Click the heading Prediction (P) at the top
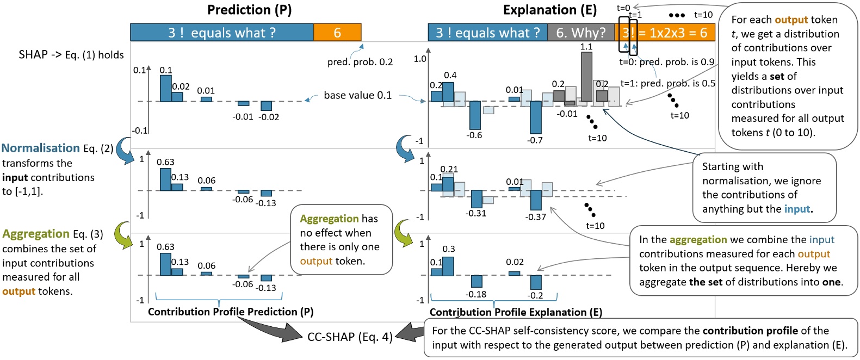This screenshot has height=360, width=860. tap(249, 10)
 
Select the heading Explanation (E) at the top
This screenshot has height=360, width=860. tap(549, 10)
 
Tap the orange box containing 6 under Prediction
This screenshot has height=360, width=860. tap(337, 33)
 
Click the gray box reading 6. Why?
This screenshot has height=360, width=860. tap(580, 33)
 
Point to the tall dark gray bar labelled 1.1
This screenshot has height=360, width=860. tap(586, 76)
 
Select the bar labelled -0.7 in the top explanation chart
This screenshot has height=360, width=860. tap(535, 117)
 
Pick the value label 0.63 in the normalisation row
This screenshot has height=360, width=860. tap(165, 162)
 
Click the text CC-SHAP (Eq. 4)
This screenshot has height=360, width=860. tap(350, 337)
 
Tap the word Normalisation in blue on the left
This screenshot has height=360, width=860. tap(41, 148)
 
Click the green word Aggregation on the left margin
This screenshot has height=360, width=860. tap(36, 234)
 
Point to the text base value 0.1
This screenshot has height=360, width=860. tap(357, 95)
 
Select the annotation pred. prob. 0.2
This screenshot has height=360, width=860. tap(360, 62)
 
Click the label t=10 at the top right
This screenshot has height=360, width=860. tap(703, 15)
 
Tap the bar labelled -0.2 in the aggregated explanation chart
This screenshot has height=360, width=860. tap(536, 282)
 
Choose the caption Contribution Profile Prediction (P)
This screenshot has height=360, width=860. tap(231, 312)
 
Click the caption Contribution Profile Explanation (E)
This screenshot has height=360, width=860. tap(516, 312)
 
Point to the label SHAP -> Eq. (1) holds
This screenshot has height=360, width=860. tap(71, 54)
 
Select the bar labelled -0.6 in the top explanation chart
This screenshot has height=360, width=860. tap(475, 115)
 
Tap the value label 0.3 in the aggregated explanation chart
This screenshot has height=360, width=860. tap(449, 249)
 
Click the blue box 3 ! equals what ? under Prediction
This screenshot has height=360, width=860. tap(221, 33)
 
